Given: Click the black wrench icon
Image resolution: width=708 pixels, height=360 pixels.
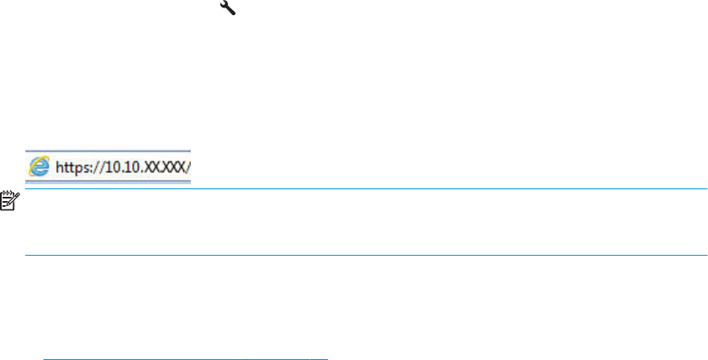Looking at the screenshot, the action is click(x=228, y=8).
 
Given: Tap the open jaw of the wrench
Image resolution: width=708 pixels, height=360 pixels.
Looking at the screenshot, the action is click(x=224, y=3).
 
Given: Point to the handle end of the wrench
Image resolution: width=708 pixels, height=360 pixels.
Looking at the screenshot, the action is click(x=233, y=12).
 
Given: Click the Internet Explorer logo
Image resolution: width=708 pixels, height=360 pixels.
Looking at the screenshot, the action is click(x=40, y=167).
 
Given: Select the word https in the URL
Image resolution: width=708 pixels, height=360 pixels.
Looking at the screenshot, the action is click(x=71, y=167).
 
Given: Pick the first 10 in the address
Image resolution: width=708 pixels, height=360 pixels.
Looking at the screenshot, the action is click(x=112, y=167).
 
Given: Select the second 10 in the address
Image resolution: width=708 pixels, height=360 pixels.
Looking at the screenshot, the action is click(x=130, y=167).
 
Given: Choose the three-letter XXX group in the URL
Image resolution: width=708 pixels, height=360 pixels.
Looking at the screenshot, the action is click(x=172, y=167).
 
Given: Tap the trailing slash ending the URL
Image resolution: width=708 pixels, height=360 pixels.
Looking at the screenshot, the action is click(x=188, y=167).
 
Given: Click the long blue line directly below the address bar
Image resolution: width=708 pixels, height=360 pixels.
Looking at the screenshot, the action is click(x=366, y=188).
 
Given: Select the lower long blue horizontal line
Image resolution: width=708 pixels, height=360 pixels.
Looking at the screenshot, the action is click(x=366, y=255).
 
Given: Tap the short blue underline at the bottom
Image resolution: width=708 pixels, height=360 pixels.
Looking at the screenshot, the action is click(x=186, y=359).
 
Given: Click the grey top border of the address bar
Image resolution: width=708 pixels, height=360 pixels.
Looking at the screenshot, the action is click(x=108, y=151).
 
